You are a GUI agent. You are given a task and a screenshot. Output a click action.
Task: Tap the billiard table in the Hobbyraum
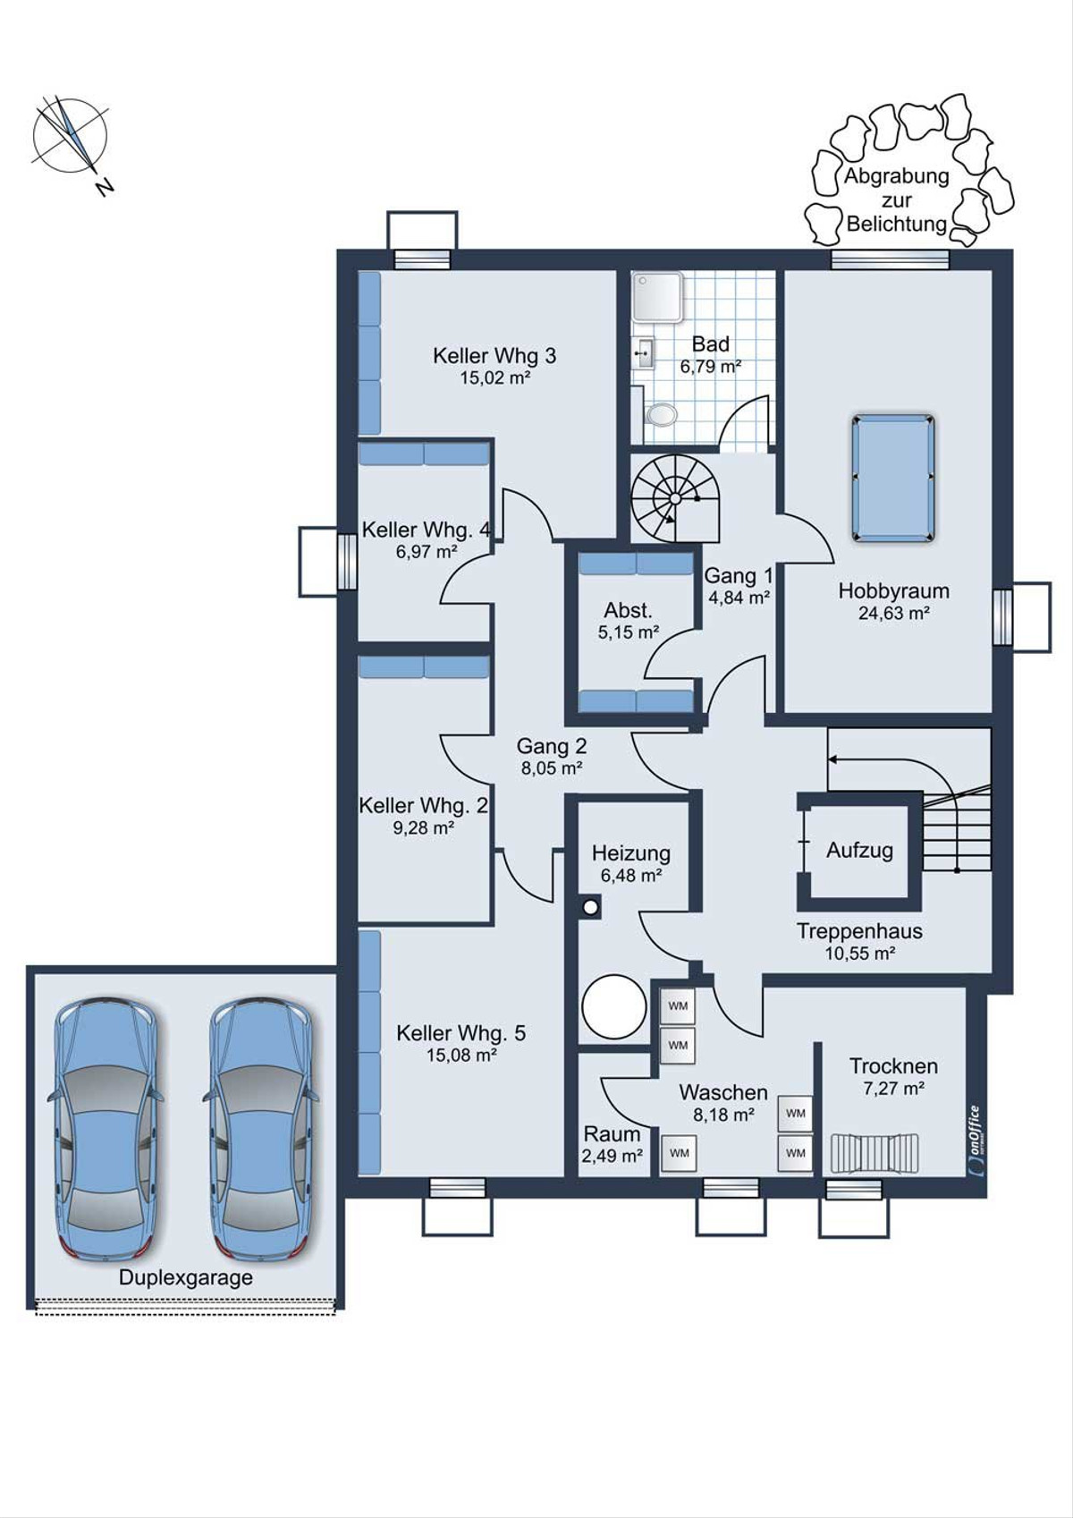click(x=892, y=479)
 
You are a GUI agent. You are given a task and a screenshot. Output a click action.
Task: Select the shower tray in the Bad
click(x=658, y=296)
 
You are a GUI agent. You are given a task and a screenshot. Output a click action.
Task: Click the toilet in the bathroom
click(x=661, y=412)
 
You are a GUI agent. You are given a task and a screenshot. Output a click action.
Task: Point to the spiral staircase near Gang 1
click(x=674, y=498)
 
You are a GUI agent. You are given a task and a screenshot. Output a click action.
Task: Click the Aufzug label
click(x=859, y=850)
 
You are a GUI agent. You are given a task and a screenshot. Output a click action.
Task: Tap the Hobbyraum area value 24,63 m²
click(x=893, y=614)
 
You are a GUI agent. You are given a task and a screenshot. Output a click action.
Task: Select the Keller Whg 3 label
click(x=494, y=355)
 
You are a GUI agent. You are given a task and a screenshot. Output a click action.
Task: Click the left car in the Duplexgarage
click(x=105, y=1128)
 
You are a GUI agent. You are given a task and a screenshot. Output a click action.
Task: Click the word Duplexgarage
click(x=186, y=1277)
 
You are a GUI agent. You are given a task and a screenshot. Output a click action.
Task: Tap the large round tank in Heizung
click(x=614, y=1006)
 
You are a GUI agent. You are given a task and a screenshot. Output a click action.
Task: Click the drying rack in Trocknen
click(x=874, y=1153)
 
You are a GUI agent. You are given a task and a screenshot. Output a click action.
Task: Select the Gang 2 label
click(x=552, y=746)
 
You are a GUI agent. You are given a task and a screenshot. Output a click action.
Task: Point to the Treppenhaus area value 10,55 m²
click(x=859, y=954)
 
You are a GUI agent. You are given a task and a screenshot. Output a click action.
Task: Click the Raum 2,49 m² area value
click(x=612, y=1156)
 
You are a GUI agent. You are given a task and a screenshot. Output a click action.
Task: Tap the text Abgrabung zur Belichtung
click(x=896, y=199)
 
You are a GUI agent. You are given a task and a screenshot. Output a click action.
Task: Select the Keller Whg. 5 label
click(x=460, y=1033)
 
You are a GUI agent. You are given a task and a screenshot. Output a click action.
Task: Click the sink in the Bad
click(x=644, y=353)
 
